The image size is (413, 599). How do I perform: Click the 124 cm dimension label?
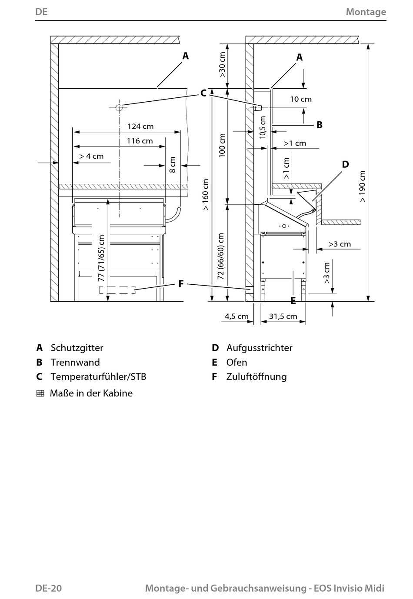point(140,126)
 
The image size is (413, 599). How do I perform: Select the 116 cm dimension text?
point(140,141)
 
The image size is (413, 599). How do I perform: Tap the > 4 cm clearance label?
point(91,156)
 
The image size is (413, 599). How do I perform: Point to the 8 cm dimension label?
point(173,165)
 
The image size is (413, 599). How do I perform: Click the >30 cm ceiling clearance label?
point(222,64)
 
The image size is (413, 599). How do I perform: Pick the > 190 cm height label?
point(362,186)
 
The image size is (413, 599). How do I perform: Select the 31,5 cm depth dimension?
point(283,316)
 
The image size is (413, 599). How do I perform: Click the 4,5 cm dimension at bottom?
point(236,316)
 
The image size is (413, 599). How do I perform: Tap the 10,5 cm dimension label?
point(263,127)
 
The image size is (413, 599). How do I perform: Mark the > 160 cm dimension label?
point(205,195)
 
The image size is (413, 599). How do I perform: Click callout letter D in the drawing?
point(345,164)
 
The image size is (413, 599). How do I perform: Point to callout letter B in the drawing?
point(320,125)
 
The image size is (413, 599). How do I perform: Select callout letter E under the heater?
point(293,301)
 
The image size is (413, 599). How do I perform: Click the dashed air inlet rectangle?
point(117,290)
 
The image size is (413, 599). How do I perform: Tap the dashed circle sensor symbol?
point(119,107)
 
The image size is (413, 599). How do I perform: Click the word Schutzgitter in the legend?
point(77,348)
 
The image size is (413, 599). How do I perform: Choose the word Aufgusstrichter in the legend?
point(259,348)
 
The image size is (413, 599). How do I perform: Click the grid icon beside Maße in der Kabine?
point(40,393)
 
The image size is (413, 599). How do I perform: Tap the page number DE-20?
point(48,588)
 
